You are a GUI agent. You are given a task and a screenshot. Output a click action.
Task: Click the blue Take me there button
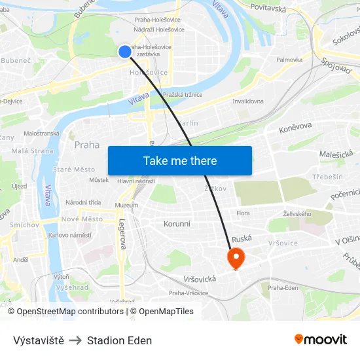click(180, 160)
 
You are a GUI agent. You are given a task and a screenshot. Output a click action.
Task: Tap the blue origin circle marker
click(125, 51)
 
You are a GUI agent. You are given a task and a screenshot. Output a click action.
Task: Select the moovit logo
click(320, 340)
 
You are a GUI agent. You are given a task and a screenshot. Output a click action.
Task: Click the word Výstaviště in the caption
click(39, 340)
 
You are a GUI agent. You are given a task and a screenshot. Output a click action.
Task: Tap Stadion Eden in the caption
click(119, 340)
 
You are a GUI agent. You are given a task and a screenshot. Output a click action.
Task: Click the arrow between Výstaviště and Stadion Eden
click(75, 340)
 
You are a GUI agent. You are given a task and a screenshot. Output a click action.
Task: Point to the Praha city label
click(87, 145)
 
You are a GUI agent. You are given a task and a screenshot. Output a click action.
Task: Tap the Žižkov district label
click(215, 189)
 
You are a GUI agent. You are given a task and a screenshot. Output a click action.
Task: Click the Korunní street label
click(177, 223)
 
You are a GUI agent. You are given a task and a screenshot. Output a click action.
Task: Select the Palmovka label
click(289, 60)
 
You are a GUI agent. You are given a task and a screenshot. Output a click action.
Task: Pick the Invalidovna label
click(248, 101)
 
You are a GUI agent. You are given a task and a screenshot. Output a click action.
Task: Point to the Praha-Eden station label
click(283, 287)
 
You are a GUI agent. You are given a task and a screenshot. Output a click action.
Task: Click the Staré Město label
click(74, 170)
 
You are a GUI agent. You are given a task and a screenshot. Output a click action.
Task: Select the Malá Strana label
click(33, 151)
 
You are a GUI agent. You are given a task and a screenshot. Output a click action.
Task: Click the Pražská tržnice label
click(183, 95)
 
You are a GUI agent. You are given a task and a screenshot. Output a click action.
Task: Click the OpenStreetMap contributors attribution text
click(70, 312)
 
